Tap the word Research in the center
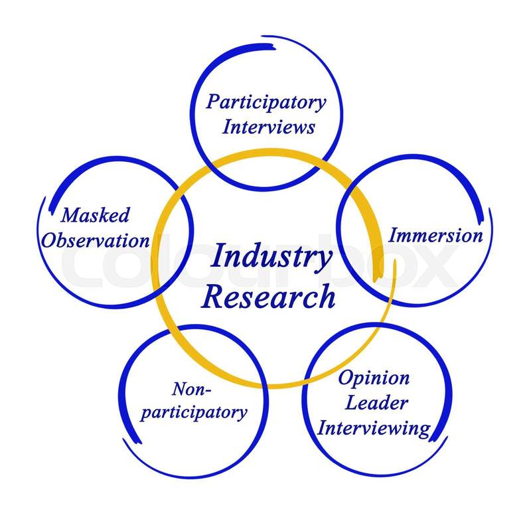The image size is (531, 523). [269, 297]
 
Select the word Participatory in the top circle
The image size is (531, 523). [265, 103]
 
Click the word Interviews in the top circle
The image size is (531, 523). [267, 127]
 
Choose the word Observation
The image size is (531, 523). [95, 240]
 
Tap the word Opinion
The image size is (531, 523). [373, 379]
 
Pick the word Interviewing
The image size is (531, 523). [373, 427]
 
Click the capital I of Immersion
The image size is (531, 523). [392, 235]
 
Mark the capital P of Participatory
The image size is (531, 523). [213, 102]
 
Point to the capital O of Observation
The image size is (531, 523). [48, 239]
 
